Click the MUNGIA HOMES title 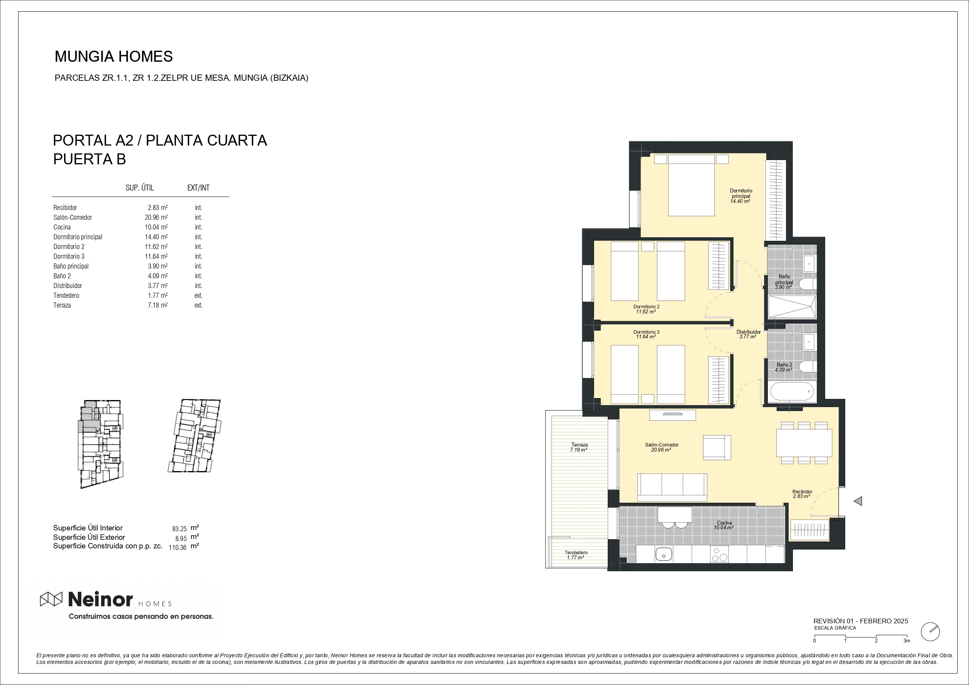coord(114,57)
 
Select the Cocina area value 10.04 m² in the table coord(156,227)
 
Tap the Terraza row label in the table coord(62,305)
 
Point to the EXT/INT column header coord(198,188)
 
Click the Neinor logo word coord(100,599)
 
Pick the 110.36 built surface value coord(177,548)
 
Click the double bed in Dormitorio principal coord(691,185)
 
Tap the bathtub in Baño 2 coord(791,391)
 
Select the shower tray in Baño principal coord(791,307)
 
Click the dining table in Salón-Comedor coord(804,443)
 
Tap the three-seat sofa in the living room coord(672,487)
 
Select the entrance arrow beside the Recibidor coord(858,501)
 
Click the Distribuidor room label coord(748,332)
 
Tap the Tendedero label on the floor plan coord(576,553)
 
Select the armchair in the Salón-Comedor coord(717,447)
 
